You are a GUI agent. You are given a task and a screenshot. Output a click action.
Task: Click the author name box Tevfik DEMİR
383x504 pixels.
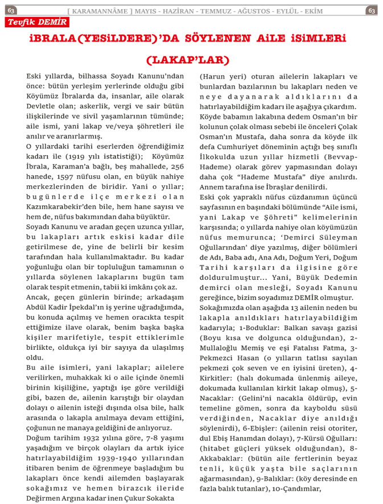tap(37, 22)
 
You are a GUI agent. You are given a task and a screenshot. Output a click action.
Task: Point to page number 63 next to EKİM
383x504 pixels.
tap(371, 10)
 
